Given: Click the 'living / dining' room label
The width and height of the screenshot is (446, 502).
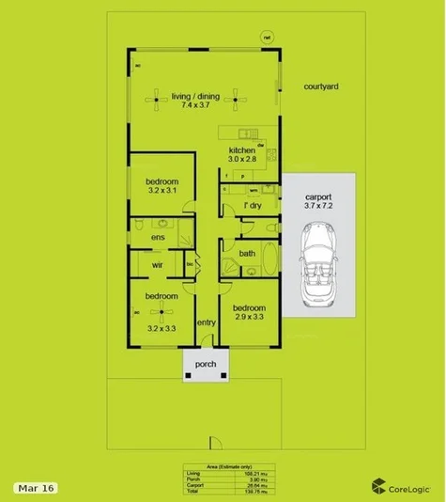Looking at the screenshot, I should click(x=195, y=95).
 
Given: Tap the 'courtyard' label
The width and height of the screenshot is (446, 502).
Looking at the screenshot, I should click(x=321, y=86).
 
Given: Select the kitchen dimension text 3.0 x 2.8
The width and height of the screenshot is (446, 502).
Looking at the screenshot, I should click(x=242, y=161).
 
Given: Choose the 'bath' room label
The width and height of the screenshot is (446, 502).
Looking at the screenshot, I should click(x=247, y=253).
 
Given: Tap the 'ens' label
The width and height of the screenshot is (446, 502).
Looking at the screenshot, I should click(x=158, y=237).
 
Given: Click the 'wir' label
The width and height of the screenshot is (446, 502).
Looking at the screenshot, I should click(x=159, y=265).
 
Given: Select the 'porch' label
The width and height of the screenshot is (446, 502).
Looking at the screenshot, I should click(x=206, y=365).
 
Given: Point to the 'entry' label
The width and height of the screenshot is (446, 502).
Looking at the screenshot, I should click(x=207, y=323).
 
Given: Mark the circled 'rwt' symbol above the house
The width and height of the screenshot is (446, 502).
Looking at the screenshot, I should click(x=267, y=38).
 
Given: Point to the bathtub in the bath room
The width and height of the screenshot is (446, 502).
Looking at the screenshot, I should click(x=270, y=259).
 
